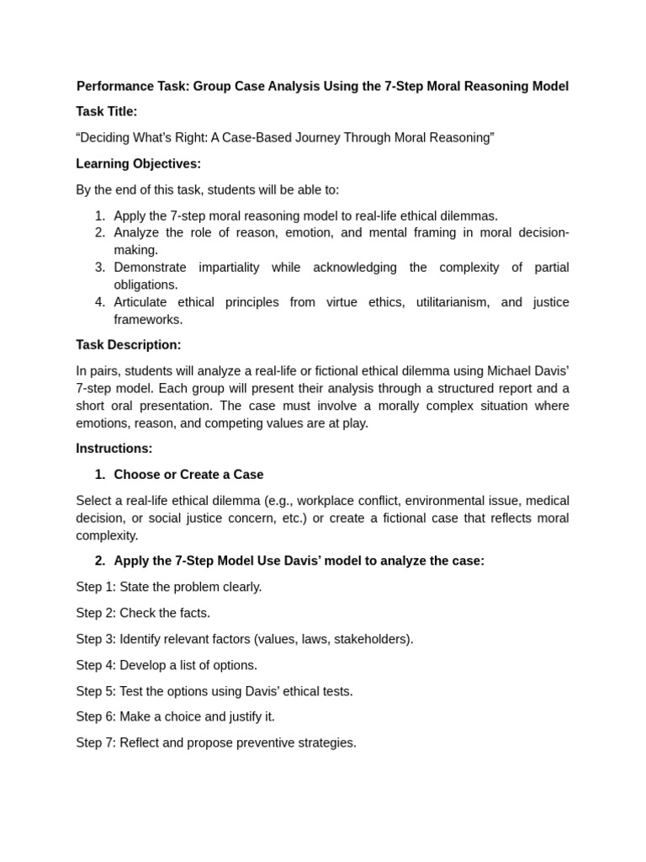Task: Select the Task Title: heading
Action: coord(106,111)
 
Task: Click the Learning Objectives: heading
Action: coord(138,163)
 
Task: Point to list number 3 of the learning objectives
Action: coord(99,267)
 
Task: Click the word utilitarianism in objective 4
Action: coord(452,301)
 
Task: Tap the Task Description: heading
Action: coord(128,344)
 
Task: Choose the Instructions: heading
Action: coord(114,448)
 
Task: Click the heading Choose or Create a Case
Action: coord(188,474)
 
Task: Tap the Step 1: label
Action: coord(96,586)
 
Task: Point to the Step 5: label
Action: coord(96,690)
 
